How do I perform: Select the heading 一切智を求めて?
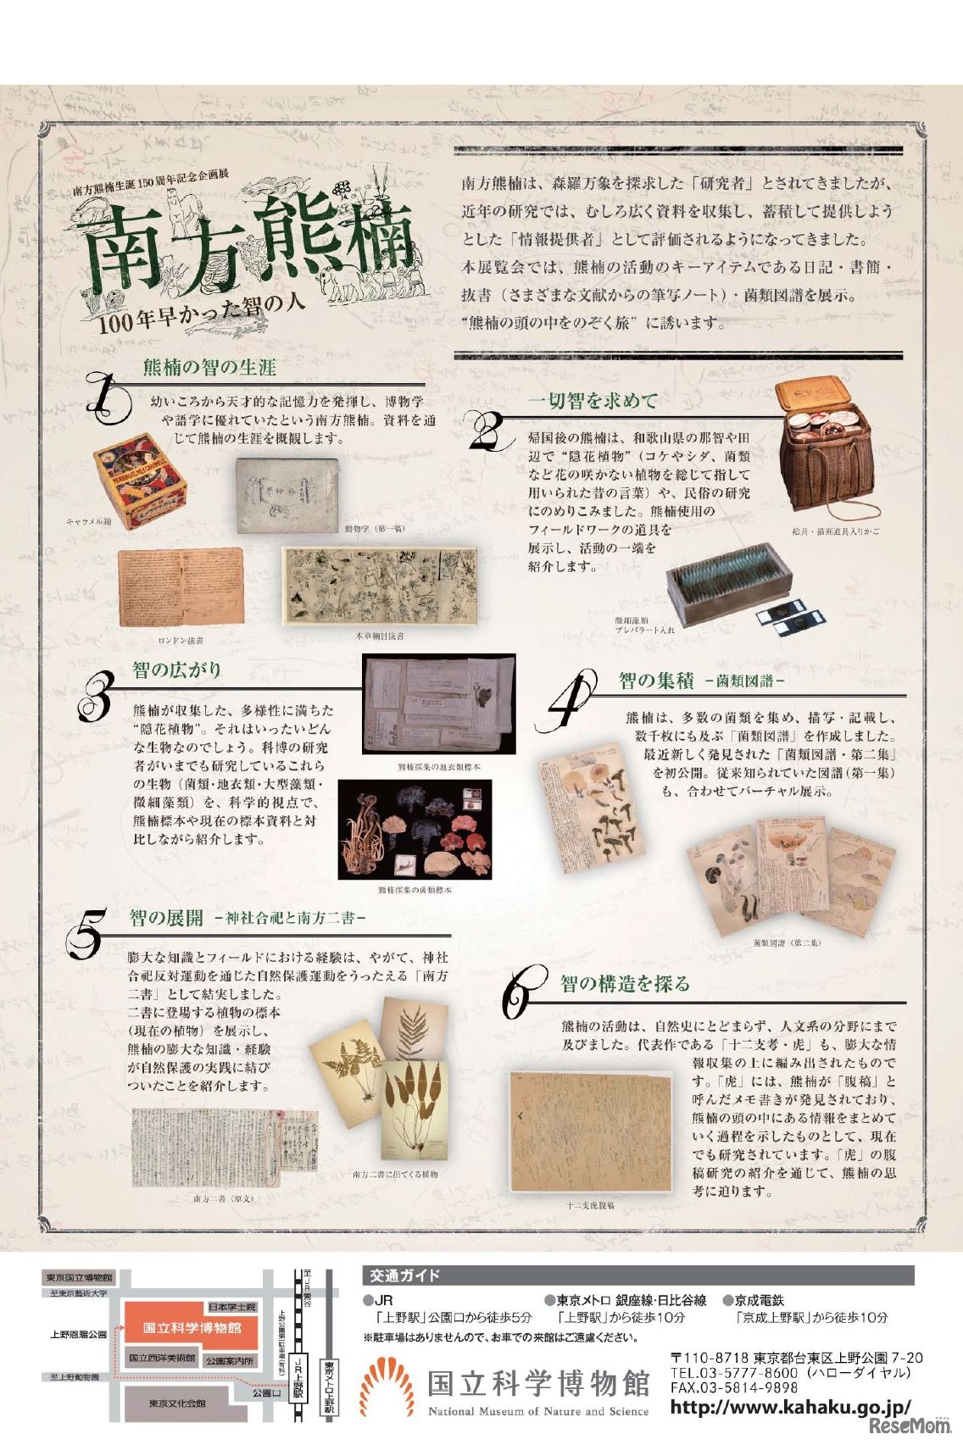click(x=593, y=400)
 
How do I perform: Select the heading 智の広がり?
click(x=176, y=670)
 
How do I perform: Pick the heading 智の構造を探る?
click(x=625, y=983)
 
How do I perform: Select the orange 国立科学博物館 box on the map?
click(x=192, y=1328)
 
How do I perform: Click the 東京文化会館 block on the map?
click(x=177, y=1403)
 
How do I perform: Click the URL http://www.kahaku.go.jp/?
click(x=789, y=1408)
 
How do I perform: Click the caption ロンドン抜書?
click(x=181, y=641)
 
